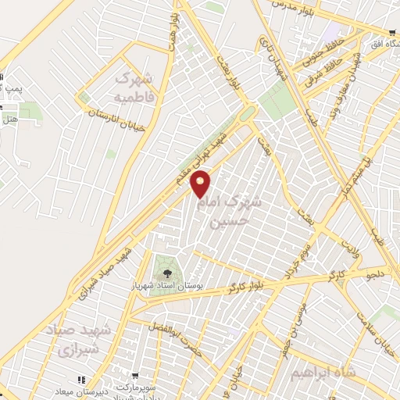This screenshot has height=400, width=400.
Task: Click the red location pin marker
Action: (x=202, y=184)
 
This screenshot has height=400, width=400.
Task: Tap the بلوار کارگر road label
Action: (x=245, y=285)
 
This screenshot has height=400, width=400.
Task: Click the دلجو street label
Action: (x=377, y=274)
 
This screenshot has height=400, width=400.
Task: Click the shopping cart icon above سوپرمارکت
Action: (x=135, y=377)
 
